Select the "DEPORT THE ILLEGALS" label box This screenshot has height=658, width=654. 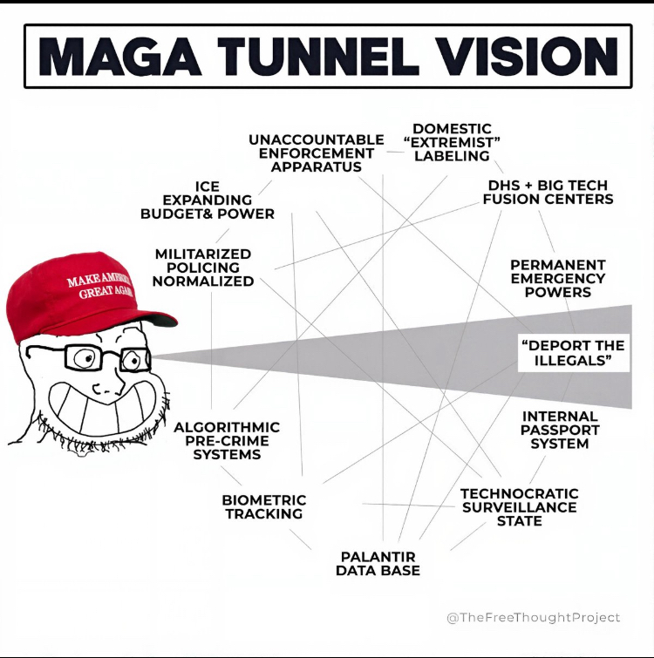[573, 353]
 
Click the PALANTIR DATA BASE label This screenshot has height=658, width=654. [378, 563]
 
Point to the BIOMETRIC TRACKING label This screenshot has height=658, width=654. [263, 506]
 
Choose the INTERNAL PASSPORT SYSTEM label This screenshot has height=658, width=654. [560, 430]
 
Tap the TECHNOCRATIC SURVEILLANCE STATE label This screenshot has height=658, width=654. [519, 507]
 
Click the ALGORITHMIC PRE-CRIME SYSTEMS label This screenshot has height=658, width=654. [227, 440]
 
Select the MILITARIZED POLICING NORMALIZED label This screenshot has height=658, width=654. [203, 268]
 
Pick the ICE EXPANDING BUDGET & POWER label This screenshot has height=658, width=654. [208, 200]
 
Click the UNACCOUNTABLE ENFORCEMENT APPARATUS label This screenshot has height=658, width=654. [316, 153]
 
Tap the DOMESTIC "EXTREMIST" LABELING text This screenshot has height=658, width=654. [452, 142]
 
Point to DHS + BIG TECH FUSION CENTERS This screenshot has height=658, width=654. [548, 192]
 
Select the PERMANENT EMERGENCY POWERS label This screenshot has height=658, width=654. [557, 278]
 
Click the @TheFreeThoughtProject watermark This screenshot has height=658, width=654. [533, 617]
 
